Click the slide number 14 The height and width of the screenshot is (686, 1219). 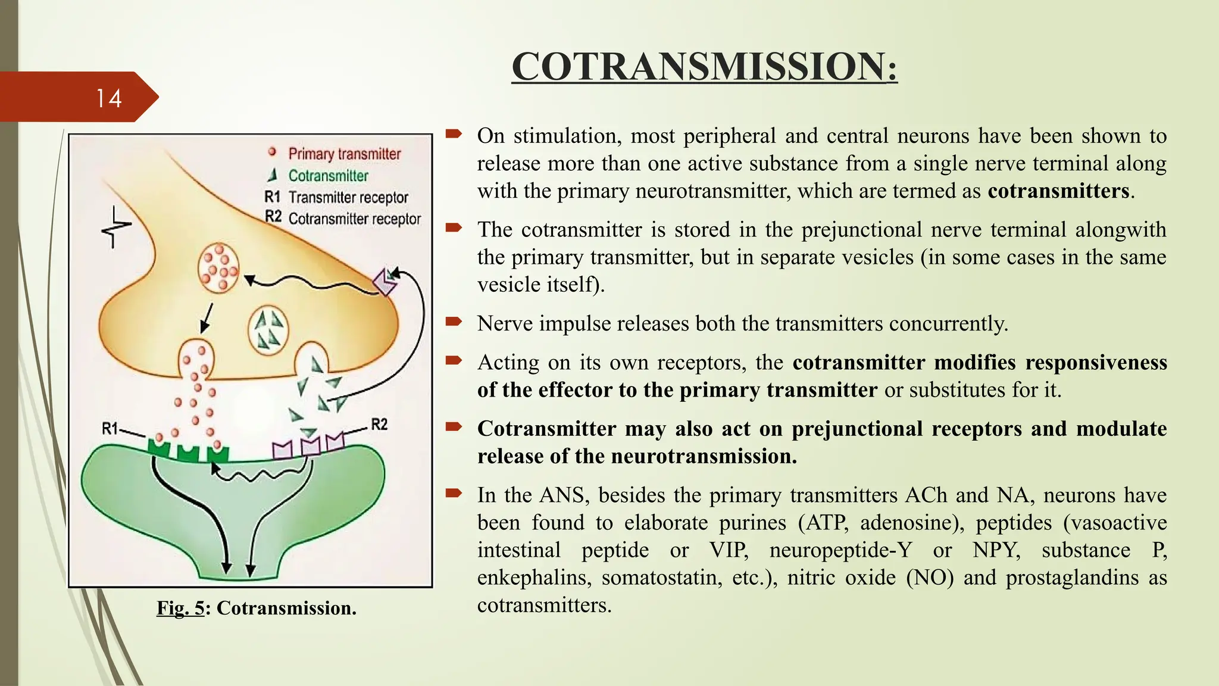(109, 98)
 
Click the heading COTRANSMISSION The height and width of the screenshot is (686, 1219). (704, 66)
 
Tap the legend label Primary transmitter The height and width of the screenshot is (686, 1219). (344, 154)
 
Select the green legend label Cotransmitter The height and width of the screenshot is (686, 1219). (328, 176)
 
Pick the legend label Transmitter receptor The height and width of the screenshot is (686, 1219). (348, 197)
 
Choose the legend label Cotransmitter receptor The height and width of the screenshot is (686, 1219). (354, 219)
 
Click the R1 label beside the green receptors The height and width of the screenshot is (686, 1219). (110, 428)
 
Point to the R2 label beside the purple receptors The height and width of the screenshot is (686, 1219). (379, 424)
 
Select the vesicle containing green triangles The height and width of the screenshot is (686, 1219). (268, 329)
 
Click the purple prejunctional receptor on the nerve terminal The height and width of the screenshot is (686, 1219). (385, 281)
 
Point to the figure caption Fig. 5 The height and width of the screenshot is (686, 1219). (180, 608)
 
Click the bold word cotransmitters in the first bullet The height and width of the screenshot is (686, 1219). (1058, 191)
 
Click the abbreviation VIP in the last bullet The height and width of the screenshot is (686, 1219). (728, 550)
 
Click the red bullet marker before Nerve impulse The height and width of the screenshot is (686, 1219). (454, 322)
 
